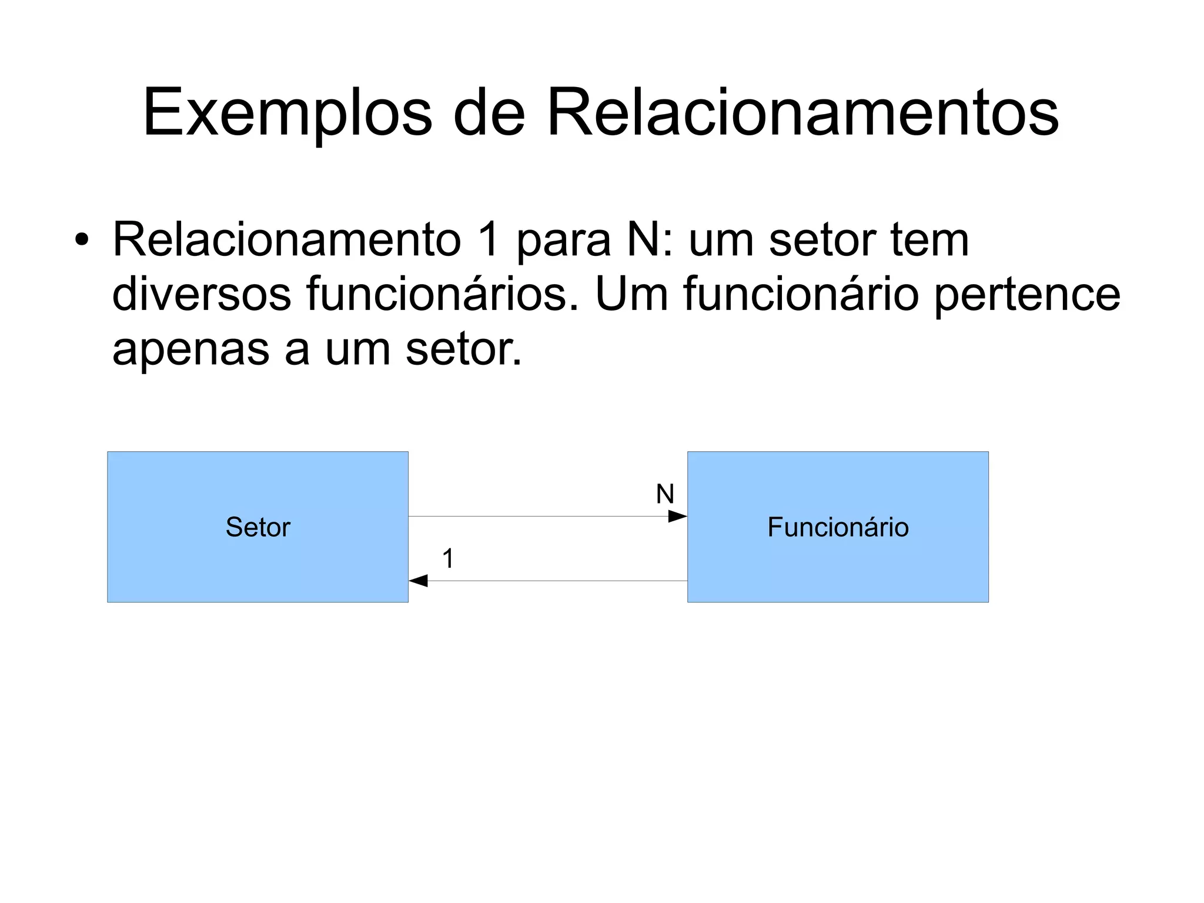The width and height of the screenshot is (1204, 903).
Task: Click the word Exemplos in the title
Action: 287,113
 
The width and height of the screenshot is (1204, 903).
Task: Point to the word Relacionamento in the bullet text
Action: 287,240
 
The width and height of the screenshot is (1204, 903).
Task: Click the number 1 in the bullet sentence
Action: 489,240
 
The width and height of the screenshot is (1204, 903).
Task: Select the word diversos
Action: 201,294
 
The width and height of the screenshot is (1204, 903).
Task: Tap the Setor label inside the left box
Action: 258,527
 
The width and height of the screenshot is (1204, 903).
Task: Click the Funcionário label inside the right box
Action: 838,527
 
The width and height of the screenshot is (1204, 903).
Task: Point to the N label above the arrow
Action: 665,494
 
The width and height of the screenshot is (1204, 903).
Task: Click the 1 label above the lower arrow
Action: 448,558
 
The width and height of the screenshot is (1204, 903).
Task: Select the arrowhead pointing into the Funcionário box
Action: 678,517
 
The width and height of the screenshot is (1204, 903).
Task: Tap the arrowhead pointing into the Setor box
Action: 418,581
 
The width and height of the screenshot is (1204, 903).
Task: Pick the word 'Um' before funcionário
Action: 632,294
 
